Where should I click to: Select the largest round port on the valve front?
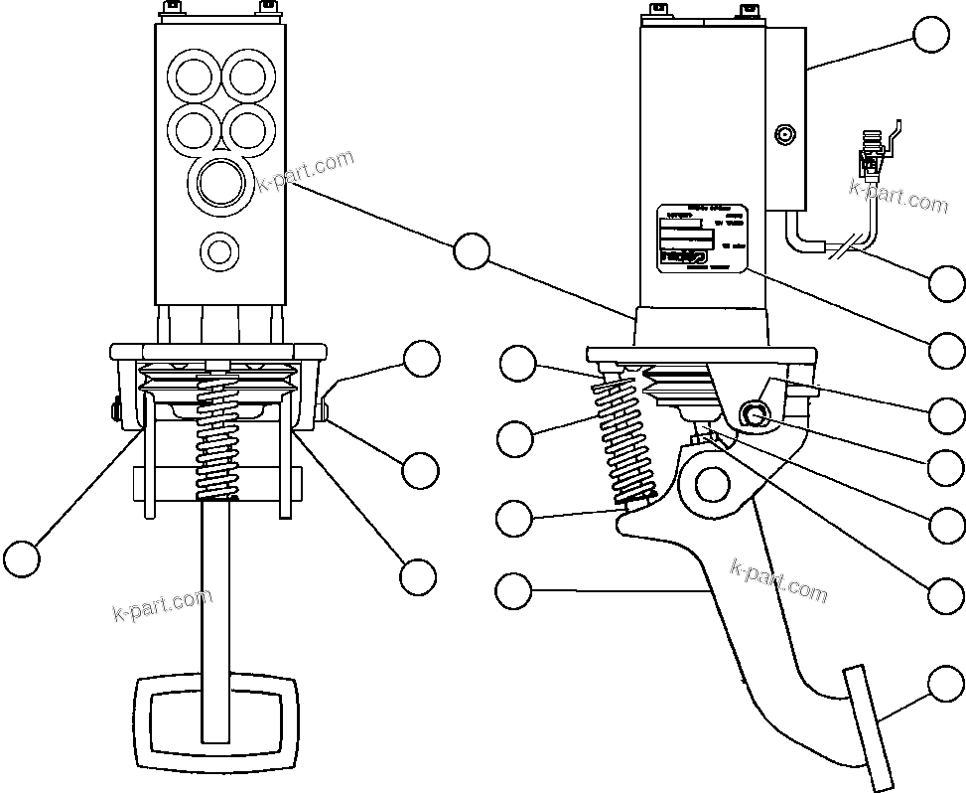click(220, 184)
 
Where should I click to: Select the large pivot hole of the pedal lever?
click(713, 484)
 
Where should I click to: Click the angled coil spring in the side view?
click(622, 437)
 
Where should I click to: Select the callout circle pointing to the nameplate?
click(947, 350)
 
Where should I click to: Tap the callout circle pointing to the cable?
click(947, 283)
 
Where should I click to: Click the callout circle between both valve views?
click(472, 251)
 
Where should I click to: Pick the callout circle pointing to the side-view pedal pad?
click(946, 685)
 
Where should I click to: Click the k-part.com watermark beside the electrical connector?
click(898, 195)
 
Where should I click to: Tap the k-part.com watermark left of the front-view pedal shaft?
click(162, 603)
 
